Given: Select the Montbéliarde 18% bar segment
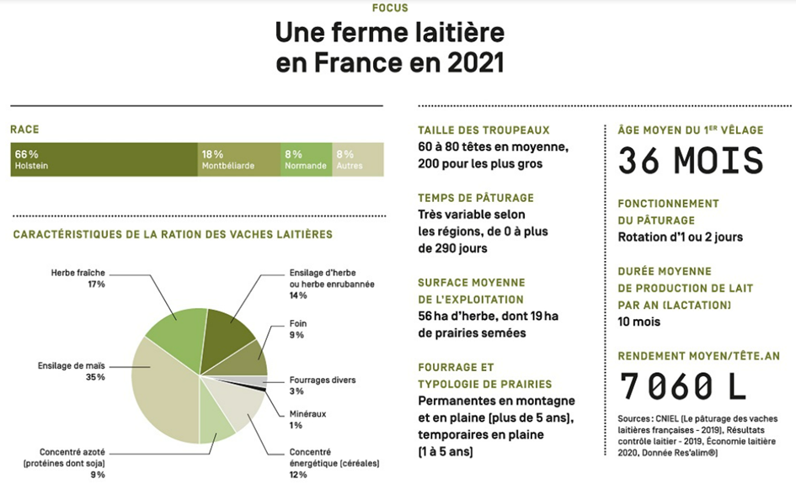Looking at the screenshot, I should pyautogui.click(x=238, y=160).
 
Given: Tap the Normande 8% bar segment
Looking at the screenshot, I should pyautogui.click(x=306, y=160).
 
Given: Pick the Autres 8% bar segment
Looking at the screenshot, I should pyautogui.click(x=359, y=160).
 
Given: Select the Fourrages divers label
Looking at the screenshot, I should pyautogui.click(x=322, y=380).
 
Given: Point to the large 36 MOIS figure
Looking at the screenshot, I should pyautogui.click(x=690, y=161).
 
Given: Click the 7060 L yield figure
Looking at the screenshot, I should pyautogui.click(x=683, y=386).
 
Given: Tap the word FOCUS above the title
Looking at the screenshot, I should pyautogui.click(x=390, y=8).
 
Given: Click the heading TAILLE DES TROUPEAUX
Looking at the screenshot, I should pyautogui.click(x=483, y=130).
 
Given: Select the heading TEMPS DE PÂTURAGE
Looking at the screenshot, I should pyautogui.click(x=476, y=198).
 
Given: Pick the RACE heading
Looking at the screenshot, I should pyautogui.click(x=24, y=130).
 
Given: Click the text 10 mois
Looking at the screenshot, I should pyautogui.click(x=638, y=322).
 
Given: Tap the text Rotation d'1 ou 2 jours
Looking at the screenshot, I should pyautogui.click(x=680, y=237).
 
